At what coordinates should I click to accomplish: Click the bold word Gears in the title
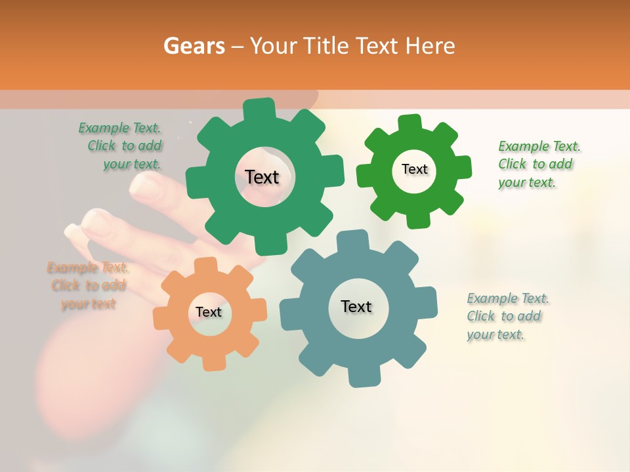click(194, 46)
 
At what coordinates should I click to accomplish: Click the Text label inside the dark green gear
click(262, 177)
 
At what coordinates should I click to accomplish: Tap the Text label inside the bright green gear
click(414, 169)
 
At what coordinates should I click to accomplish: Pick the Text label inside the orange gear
click(209, 313)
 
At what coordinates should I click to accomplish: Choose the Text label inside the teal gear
click(356, 307)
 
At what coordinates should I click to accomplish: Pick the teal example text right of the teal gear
click(505, 316)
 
